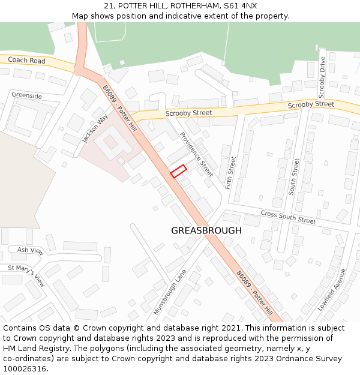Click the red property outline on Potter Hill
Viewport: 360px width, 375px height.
178,171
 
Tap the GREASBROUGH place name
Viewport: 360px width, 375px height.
206,230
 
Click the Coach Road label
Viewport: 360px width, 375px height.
26,61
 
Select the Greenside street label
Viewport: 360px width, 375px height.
26,95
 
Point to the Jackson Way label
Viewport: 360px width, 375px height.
94,128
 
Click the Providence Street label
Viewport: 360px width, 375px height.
196,154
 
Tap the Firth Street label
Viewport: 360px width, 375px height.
231,173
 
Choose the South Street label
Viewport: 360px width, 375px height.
293,176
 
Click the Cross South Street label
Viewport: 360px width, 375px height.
288,217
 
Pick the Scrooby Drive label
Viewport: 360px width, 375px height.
322,77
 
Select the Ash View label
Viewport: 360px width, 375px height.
30,250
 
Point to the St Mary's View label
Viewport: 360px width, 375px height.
26,275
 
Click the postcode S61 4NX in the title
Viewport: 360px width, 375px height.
240,5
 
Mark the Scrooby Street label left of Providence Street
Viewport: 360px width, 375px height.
188,113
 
